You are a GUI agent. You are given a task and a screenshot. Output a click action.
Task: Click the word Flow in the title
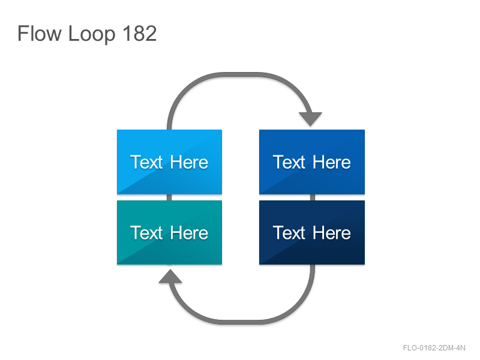coord(40,34)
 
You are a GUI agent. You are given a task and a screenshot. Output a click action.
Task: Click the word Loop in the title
coord(92,35)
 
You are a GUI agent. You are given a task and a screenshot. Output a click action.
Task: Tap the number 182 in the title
coord(140,34)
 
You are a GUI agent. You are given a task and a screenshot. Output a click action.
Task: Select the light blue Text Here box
coord(169,162)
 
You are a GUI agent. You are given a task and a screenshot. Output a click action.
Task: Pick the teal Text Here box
coord(169,233)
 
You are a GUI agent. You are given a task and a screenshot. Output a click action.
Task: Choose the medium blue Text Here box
coord(312,162)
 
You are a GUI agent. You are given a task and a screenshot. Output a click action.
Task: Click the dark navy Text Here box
coord(312,233)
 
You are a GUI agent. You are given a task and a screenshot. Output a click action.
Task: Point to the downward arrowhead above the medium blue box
coord(310,119)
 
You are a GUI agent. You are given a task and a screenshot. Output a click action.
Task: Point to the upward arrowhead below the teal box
coord(170,276)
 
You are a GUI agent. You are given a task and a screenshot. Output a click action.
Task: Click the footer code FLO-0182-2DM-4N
coord(434,348)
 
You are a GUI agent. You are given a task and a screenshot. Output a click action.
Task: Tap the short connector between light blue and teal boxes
coord(169,197)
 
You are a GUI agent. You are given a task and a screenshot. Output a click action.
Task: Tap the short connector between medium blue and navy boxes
coord(313,197)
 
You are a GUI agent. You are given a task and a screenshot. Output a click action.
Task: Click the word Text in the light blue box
coord(146,162)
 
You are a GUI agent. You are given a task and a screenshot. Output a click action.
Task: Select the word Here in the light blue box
coord(189,162)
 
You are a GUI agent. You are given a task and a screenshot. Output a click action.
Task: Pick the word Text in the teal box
coord(146,233)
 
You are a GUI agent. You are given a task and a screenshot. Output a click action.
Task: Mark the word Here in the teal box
coord(189,233)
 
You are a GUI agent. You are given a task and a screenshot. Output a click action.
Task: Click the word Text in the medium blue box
coord(289,162)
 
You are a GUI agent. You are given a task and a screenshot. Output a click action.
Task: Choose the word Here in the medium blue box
coord(332,162)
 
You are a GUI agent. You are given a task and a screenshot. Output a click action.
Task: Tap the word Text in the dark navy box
coord(289,233)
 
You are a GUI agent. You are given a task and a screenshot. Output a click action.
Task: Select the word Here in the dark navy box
coord(332,233)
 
